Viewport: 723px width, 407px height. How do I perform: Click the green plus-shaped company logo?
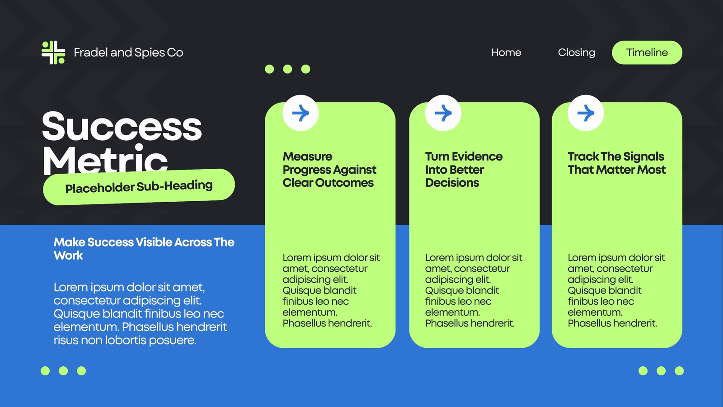[x=53, y=52]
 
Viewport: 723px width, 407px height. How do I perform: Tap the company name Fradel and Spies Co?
[x=128, y=52]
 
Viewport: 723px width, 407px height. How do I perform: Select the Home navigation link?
[x=506, y=52]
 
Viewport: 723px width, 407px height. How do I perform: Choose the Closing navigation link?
[x=577, y=52]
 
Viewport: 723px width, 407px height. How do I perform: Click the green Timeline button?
[x=647, y=52]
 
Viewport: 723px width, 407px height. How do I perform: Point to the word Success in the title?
[x=122, y=126]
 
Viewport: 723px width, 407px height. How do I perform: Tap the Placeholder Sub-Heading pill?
[x=139, y=187]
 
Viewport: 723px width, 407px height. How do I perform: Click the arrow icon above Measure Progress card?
[x=300, y=113]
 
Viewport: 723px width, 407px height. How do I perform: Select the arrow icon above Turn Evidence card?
[x=443, y=113]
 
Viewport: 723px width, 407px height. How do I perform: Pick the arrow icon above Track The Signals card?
[x=586, y=113]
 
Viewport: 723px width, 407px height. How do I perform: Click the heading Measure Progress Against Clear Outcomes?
[x=329, y=170]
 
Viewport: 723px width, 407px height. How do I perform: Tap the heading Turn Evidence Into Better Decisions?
[x=464, y=170]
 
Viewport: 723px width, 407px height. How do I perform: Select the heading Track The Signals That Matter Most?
[x=616, y=163]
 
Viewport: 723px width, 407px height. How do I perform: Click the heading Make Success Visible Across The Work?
[x=144, y=249]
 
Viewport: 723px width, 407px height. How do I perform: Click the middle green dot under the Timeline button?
[x=661, y=371]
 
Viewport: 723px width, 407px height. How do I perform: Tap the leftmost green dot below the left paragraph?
[x=45, y=371]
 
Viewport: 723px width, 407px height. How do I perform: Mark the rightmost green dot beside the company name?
[x=305, y=69]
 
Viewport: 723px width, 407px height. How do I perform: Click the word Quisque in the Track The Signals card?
[x=584, y=291]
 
